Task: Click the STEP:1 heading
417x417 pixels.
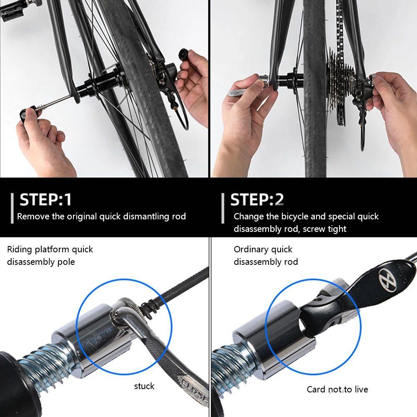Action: (46, 200)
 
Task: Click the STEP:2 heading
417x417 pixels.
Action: (257, 200)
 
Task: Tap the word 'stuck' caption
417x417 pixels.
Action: (144, 386)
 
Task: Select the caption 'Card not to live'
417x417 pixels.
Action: (337, 389)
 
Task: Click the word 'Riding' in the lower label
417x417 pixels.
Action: (20, 249)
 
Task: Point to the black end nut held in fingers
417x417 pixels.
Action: (184, 55)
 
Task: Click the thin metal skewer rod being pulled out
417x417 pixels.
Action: (54, 101)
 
